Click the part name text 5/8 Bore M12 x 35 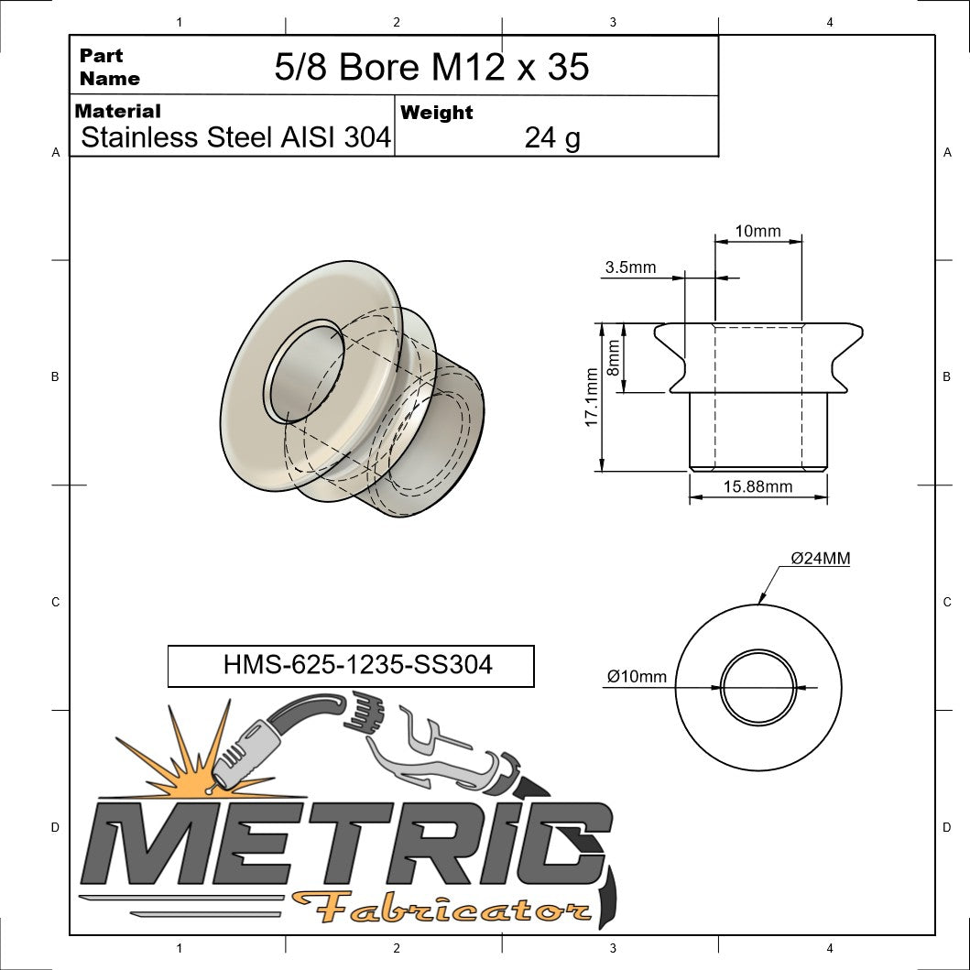pyautogui.click(x=431, y=67)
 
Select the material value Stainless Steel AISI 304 pyautogui.click(x=236, y=138)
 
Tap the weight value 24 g pyautogui.click(x=552, y=138)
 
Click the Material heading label pyautogui.click(x=117, y=112)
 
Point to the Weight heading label pyautogui.click(x=437, y=113)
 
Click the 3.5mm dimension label pyautogui.click(x=630, y=267)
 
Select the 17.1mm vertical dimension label pyautogui.click(x=592, y=398)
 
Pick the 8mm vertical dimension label pyautogui.click(x=614, y=358)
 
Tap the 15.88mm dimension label pyautogui.click(x=757, y=486)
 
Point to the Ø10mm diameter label pyautogui.click(x=637, y=677)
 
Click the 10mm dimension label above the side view pyautogui.click(x=757, y=231)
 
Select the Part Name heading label pyautogui.click(x=109, y=67)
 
